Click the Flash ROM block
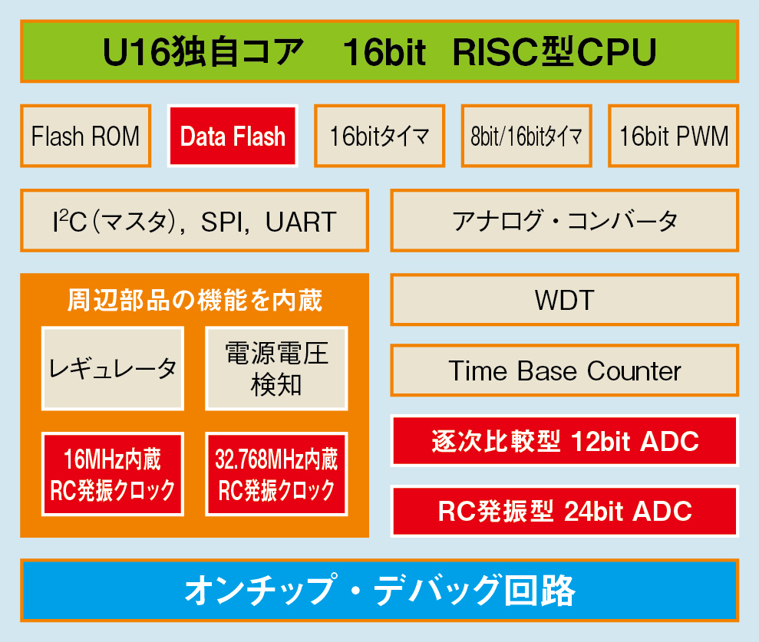86,136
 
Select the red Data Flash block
233,136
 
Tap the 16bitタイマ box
379,136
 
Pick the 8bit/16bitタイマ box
526,136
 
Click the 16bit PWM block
673,136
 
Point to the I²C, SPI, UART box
195,221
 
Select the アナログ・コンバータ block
564,221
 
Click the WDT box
564,300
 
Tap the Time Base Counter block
564,370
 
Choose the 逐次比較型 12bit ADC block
564,441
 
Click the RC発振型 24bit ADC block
564,511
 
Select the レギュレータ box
113,369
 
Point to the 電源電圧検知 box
276,369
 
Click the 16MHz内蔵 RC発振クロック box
113,474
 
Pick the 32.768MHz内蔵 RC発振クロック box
276,474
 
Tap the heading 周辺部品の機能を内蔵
195,301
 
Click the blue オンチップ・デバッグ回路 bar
379,591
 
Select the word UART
301,222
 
